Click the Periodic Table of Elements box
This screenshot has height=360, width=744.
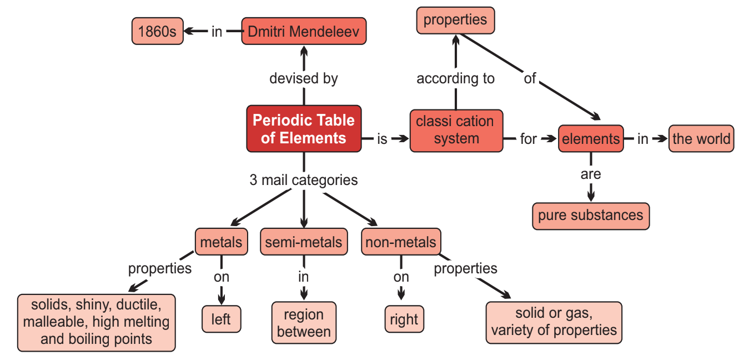304,128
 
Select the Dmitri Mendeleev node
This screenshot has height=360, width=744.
303,31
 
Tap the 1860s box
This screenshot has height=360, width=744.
157,31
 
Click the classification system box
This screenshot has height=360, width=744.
456,130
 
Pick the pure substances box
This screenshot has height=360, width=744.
590,216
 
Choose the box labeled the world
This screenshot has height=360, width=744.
701,138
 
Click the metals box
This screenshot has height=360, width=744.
221,242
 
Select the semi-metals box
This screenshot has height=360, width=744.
304,242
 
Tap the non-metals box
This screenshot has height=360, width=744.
401,242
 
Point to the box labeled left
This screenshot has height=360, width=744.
221,319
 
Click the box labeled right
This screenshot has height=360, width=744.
404,319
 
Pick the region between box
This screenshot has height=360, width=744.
304,323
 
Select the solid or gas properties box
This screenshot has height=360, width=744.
554,322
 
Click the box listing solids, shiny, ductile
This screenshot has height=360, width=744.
97,322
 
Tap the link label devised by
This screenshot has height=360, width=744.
304,78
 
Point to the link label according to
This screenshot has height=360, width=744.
456,78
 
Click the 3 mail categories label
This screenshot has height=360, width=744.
304,180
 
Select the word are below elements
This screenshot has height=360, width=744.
591,174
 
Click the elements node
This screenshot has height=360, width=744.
590,139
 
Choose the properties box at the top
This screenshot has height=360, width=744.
455,21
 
